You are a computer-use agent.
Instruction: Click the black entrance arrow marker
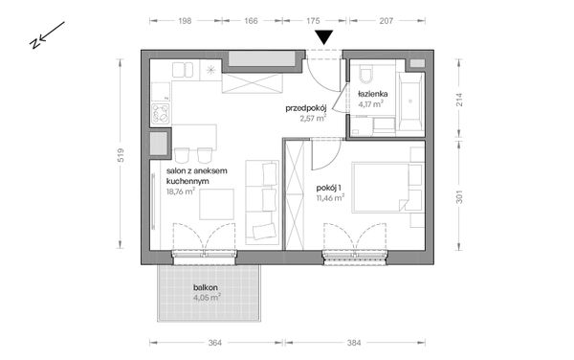pyautogui.click(x=325, y=37)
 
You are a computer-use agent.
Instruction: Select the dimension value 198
pyautogui.click(x=186, y=18)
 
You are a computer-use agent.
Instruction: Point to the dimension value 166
pyautogui.click(x=254, y=18)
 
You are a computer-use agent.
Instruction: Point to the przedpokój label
pyautogui.click(x=307, y=108)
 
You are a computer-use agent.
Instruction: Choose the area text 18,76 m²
pyautogui.click(x=180, y=191)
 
